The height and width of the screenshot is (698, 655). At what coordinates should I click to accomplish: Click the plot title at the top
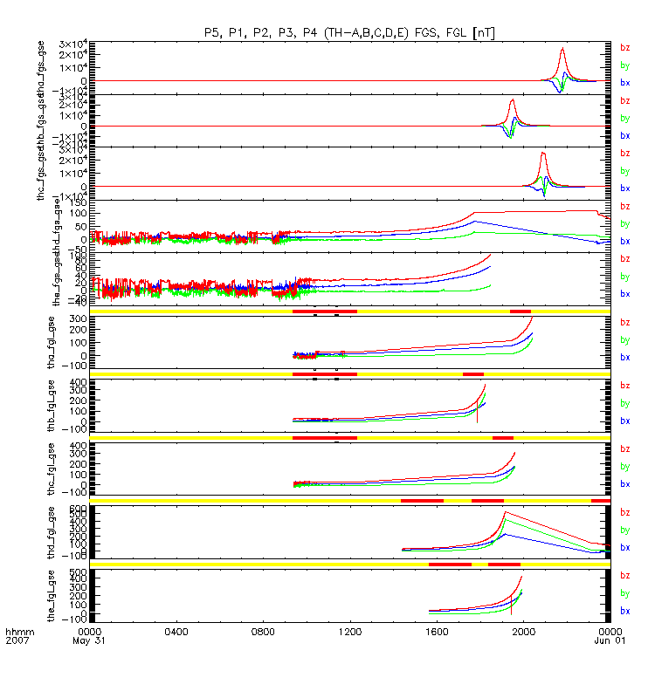click(349, 31)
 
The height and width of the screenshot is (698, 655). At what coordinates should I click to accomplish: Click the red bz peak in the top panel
click(563, 49)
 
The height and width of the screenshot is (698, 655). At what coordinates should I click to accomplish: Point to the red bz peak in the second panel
click(513, 100)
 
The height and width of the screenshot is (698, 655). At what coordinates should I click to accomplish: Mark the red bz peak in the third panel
click(543, 153)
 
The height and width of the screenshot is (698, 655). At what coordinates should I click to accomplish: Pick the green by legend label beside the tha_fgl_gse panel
click(625, 339)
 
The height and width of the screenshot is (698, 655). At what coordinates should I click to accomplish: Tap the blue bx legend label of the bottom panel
click(625, 611)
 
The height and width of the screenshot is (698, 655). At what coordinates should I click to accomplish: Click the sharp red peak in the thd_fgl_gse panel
click(506, 513)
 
